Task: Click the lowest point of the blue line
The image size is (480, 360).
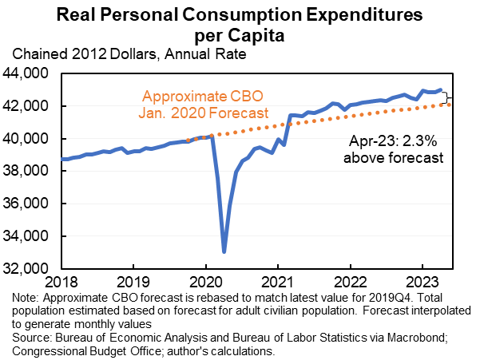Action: tap(224, 251)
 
